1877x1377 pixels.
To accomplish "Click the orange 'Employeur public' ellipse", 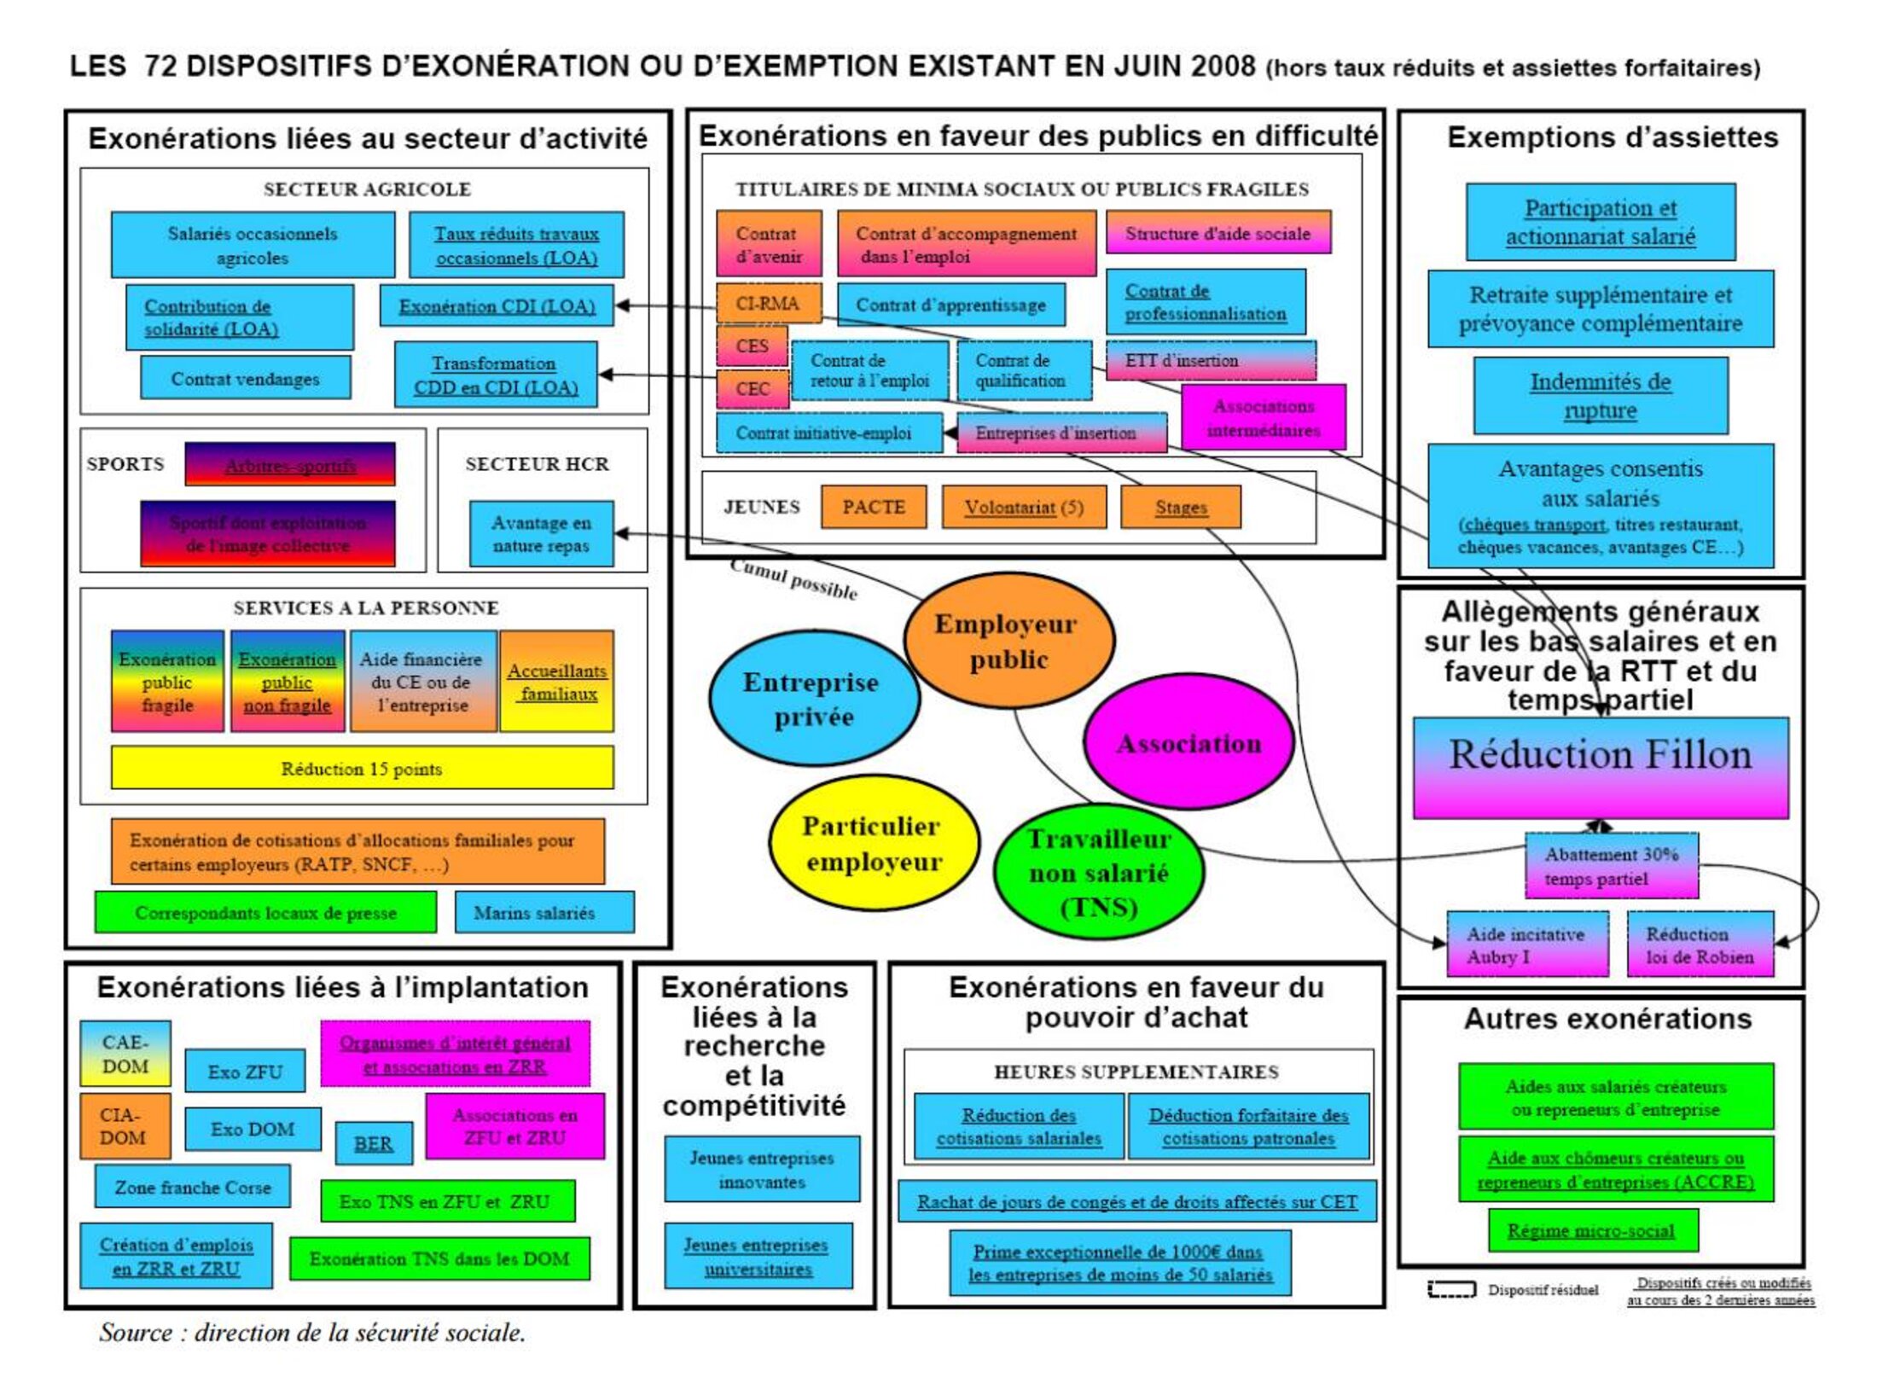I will (1008, 641).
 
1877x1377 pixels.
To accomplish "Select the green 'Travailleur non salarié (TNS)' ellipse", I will (1099, 872).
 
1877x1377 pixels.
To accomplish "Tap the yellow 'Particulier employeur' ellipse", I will (873, 843).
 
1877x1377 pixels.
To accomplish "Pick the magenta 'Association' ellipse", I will (1188, 743).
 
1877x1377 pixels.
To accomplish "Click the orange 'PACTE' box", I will (873, 507).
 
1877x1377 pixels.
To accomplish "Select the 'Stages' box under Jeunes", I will (1181, 507).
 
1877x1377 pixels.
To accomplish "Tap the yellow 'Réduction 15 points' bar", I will (362, 768).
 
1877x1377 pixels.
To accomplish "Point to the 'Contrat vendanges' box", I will (245, 378).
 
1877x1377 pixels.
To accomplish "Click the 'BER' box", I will (373, 1143).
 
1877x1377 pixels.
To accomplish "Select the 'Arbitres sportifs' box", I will (290, 464).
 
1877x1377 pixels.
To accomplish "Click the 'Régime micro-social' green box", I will (1592, 1230).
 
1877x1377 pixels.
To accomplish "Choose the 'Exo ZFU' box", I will (245, 1072).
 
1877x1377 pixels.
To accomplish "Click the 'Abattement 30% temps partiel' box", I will (1611, 866).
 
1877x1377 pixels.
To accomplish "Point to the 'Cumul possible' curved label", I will (793, 579).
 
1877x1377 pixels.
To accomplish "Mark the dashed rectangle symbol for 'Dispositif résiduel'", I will (1451, 1289).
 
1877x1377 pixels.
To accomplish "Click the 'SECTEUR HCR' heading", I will (537, 464).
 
